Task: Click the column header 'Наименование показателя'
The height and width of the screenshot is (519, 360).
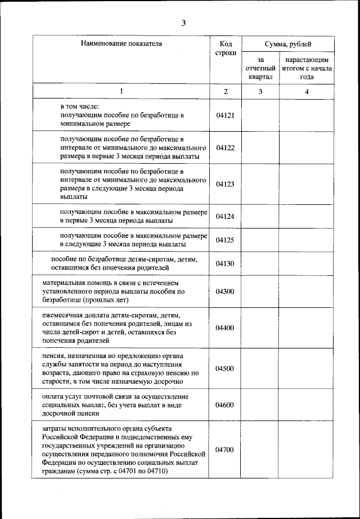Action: click(x=120, y=43)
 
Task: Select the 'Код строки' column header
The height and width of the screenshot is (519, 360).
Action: click(x=225, y=48)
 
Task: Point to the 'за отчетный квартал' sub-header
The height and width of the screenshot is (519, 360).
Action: click(x=260, y=68)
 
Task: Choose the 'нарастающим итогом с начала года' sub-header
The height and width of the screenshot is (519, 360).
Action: click(x=307, y=68)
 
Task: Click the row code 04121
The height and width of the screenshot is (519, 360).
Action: click(x=225, y=114)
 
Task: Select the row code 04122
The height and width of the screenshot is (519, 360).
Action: click(x=225, y=147)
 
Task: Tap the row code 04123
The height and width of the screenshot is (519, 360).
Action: click(x=225, y=184)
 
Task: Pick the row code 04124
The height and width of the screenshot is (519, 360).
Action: click(x=225, y=216)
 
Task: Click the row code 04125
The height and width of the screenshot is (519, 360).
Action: click(x=225, y=240)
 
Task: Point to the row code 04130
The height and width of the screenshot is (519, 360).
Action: click(x=225, y=263)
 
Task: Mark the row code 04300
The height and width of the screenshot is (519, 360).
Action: click(x=225, y=291)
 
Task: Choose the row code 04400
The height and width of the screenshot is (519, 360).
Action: click(x=225, y=328)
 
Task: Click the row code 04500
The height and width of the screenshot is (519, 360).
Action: click(x=225, y=369)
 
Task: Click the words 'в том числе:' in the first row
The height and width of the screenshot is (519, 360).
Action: click(x=80, y=106)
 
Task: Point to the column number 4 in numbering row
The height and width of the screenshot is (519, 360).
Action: click(x=307, y=91)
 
